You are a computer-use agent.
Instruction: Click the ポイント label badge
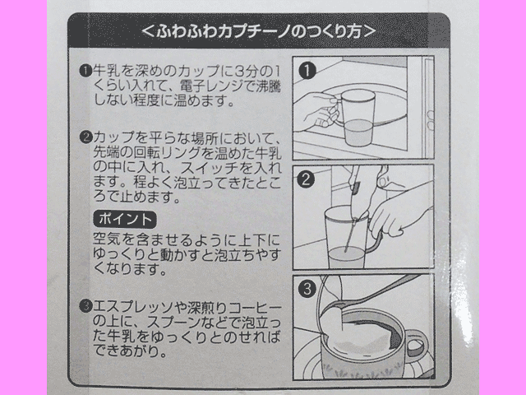(x=124, y=220)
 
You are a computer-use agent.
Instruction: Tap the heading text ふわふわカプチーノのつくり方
(x=258, y=32)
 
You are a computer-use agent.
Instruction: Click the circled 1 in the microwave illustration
(x=307, y=71)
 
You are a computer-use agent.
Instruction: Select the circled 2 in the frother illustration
(x=306, y=179)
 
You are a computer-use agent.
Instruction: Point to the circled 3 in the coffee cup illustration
(x=307, y=289)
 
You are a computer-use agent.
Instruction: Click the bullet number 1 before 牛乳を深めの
(x=85, y=71)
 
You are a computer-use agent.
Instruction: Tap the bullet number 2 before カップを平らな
(x=85, y=137)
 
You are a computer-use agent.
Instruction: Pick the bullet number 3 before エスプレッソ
(x=85, y=306)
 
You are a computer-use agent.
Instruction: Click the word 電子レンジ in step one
(x=211, y=86)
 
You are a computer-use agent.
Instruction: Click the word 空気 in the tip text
(x=107, y=239)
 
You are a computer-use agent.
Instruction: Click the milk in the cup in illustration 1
(x=358, y=132)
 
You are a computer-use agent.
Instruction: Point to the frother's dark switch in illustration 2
(x=356, y=188)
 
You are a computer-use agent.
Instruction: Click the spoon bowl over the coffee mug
(x=336, y=306)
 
